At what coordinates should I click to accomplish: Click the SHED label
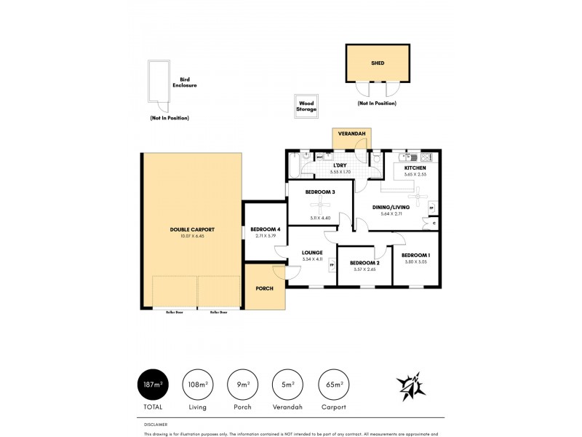pos(377,63)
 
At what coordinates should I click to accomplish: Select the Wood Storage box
pos(306,106)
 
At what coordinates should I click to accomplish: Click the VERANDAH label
pos(351,134)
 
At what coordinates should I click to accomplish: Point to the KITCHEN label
pos(415,168)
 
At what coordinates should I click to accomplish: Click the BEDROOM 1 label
pos(416,255)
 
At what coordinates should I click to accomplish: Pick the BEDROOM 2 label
pos(364,263)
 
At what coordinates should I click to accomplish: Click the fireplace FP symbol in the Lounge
pos(332,265)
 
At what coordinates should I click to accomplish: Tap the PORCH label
pos(264,288)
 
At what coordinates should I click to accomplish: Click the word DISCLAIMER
pos(156,423)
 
